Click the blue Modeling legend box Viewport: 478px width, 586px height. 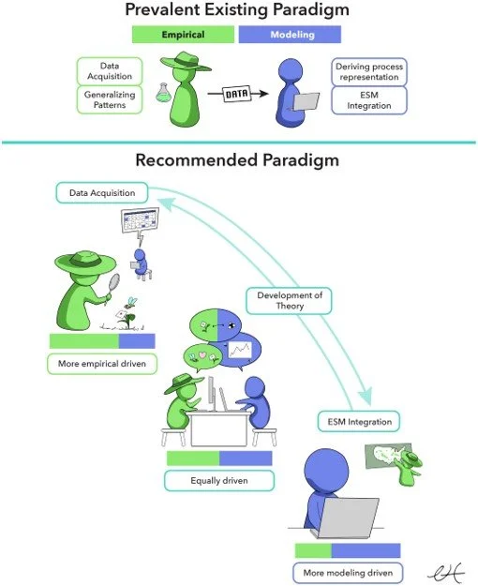coord(290,35)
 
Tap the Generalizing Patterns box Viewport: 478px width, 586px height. coord(110,100)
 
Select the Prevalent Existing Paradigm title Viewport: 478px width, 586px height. coord(237,11)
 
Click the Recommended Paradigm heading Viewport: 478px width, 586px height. coord(237,160)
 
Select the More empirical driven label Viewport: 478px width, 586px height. coord(101,363)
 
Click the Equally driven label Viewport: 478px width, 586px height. coord(218,481)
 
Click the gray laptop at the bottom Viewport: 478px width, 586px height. coord(352,518)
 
